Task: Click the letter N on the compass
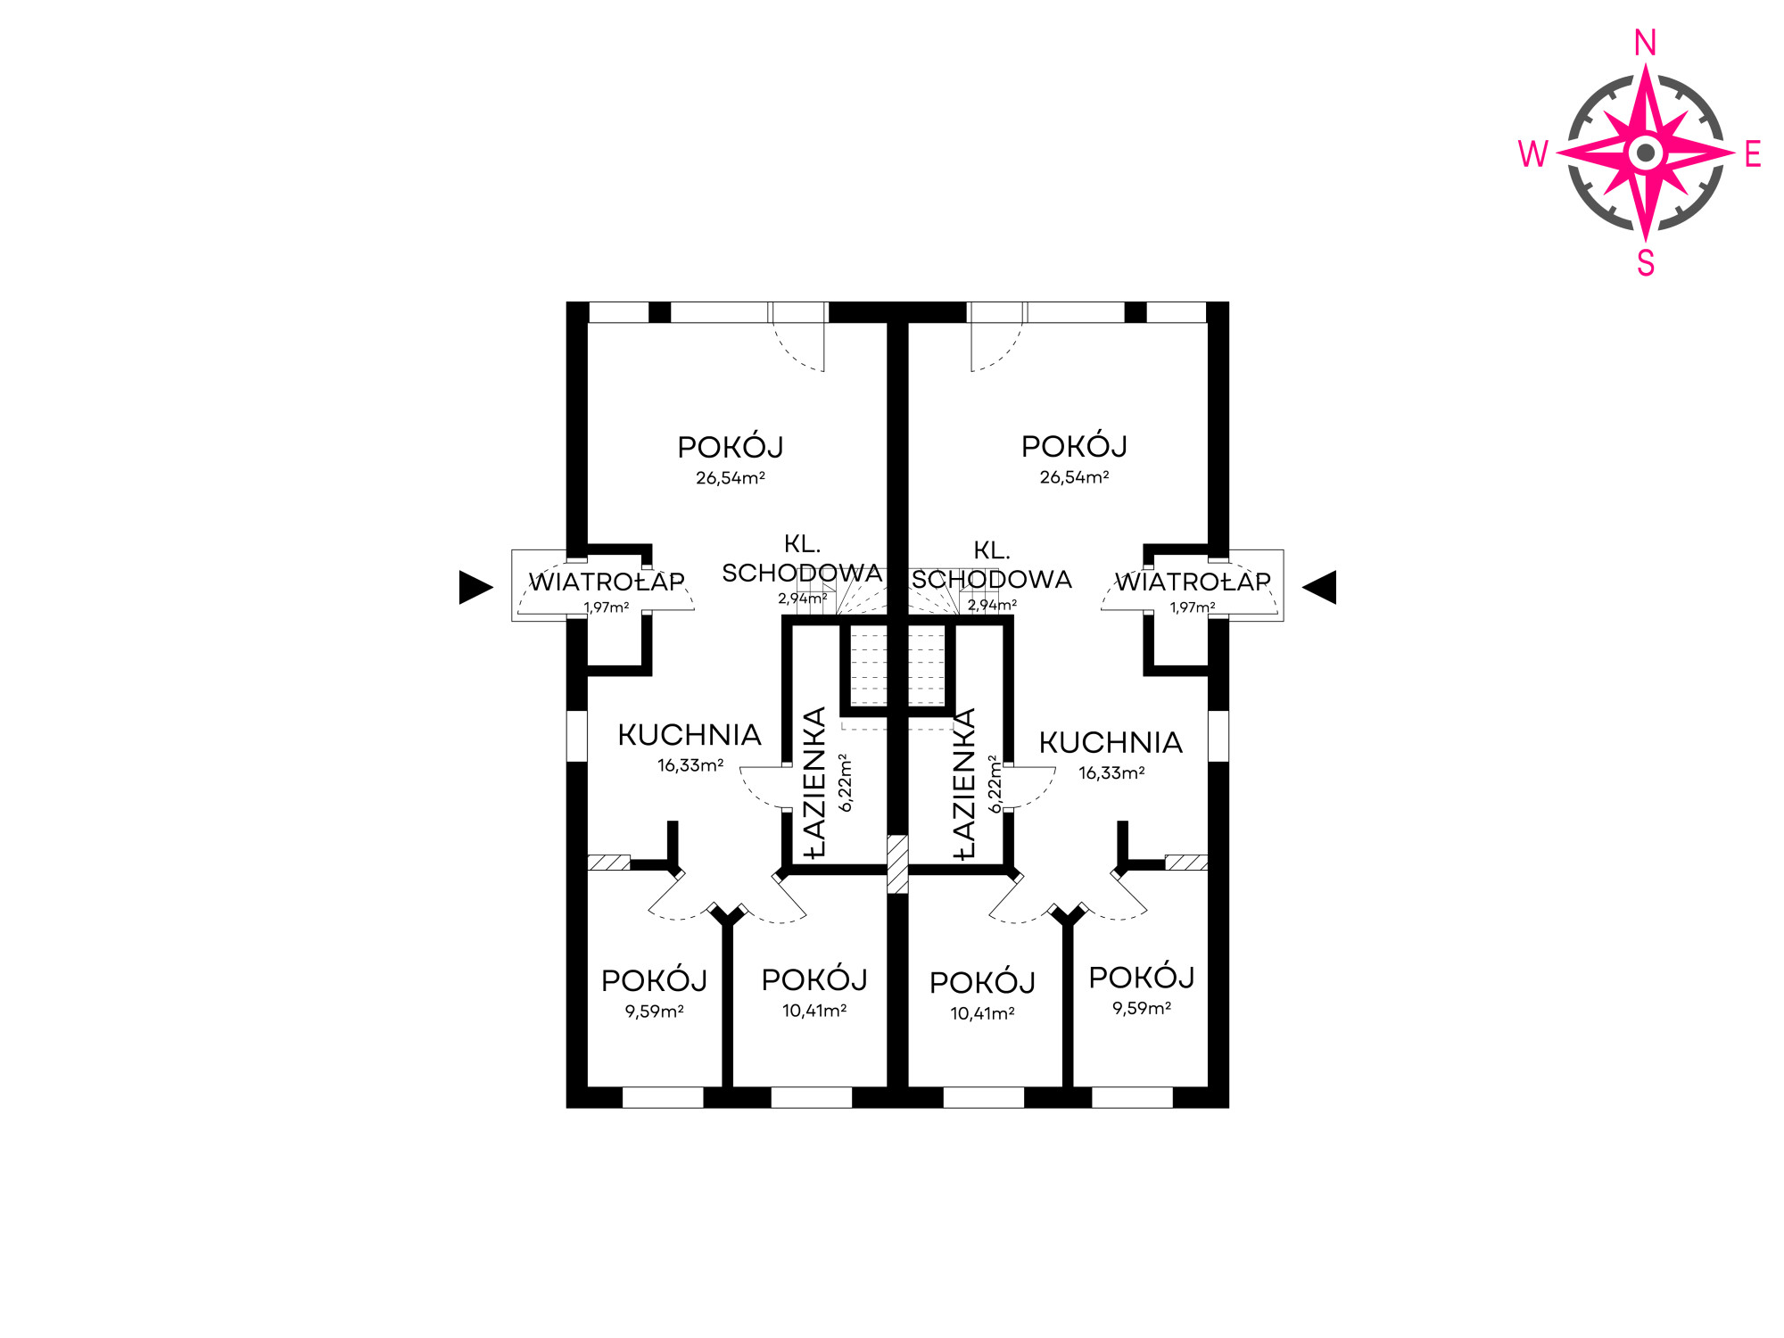pos(1646,43)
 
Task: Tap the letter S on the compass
pos(1646,263)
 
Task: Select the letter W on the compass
pos(1533,154)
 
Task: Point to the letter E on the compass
pos(1753,154)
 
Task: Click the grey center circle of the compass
pos(1646,153)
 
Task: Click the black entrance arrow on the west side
pos(476,587)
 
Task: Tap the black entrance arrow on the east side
pos(1319,587)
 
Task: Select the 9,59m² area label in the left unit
pos(654,1012)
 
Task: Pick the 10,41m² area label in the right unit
pos(982,1013)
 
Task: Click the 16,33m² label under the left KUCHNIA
pos(690,765)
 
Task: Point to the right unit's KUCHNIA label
pos(1111,742)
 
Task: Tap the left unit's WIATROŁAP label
pos(607,582)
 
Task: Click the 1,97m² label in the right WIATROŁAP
pos(1193,607)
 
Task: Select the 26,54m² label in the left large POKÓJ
pos(731,478)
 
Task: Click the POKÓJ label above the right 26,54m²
pos(1074,446)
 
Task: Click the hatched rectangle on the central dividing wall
pos(897,863)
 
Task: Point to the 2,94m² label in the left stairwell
pos(802,599)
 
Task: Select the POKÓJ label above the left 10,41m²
pos(814,979)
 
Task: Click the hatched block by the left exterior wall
pos(609,863)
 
